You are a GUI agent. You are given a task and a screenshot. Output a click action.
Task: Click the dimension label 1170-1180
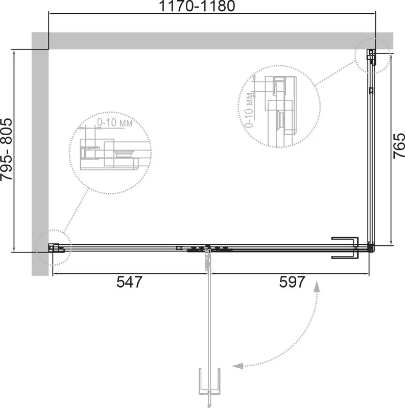[197, 6]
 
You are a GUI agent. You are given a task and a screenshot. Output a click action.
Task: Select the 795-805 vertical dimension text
[6, 149]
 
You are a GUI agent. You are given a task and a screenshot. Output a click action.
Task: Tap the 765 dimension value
[399, 146]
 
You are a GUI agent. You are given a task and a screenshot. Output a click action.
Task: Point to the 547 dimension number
[130, 282]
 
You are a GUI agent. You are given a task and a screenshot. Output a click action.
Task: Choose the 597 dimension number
[292, 282]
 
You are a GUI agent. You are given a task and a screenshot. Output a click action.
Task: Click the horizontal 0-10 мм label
[115, 122]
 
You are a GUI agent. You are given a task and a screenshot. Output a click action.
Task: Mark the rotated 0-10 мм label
[249, 110]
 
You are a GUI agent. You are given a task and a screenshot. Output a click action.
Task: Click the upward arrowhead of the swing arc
[317, 286]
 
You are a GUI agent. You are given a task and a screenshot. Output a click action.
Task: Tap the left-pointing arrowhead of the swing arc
[237, 366]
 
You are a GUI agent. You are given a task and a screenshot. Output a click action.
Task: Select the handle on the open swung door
[209, 380]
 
